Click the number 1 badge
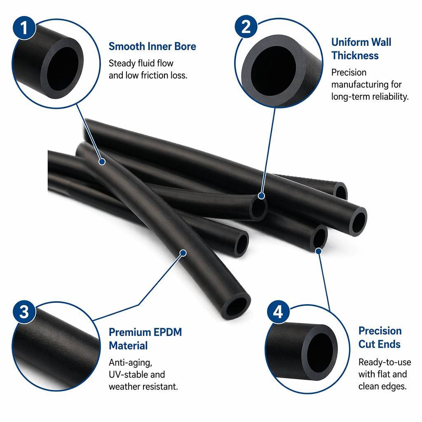[24, 28]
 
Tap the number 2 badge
[246, 26]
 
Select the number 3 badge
[24, 312]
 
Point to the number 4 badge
[278, 312]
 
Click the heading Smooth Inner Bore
[152, 46]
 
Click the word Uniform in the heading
[349, 42]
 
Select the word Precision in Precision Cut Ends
[380, 331]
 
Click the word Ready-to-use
[384, 362]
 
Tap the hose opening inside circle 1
[63, 69]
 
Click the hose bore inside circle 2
[274, 70]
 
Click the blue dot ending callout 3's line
[183, 253]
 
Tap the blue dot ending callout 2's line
[261, 196]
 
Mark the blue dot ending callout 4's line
[319, 251]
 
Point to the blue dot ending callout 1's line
[102, 162]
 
